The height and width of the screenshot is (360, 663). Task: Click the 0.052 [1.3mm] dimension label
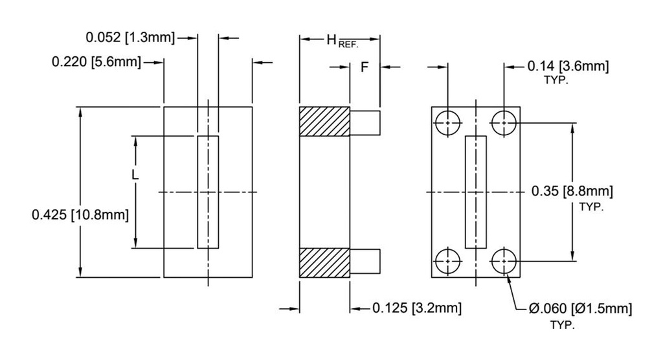(x=130, y=38)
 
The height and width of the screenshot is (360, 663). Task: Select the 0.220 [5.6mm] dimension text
(x=95, y=62)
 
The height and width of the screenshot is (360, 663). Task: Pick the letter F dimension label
(x=364, y=67)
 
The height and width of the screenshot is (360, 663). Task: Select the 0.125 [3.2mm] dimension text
(x=416, y=308)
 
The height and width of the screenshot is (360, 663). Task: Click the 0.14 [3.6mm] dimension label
(x=567, y=65)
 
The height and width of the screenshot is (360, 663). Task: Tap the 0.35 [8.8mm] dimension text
(x=572, y=191)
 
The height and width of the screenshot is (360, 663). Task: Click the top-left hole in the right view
(x=447, y=122)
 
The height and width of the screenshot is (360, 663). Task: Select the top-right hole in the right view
(x=504, y=122)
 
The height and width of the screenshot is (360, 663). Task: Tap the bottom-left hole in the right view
(x=447, y=262)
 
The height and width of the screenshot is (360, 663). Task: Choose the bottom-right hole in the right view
(x=504, y=262)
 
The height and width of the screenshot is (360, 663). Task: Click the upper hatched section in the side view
(x=324, y=122)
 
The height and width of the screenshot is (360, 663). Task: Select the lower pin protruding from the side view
(x=365, y=262)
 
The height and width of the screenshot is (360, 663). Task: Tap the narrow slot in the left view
(x=208, y=192)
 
